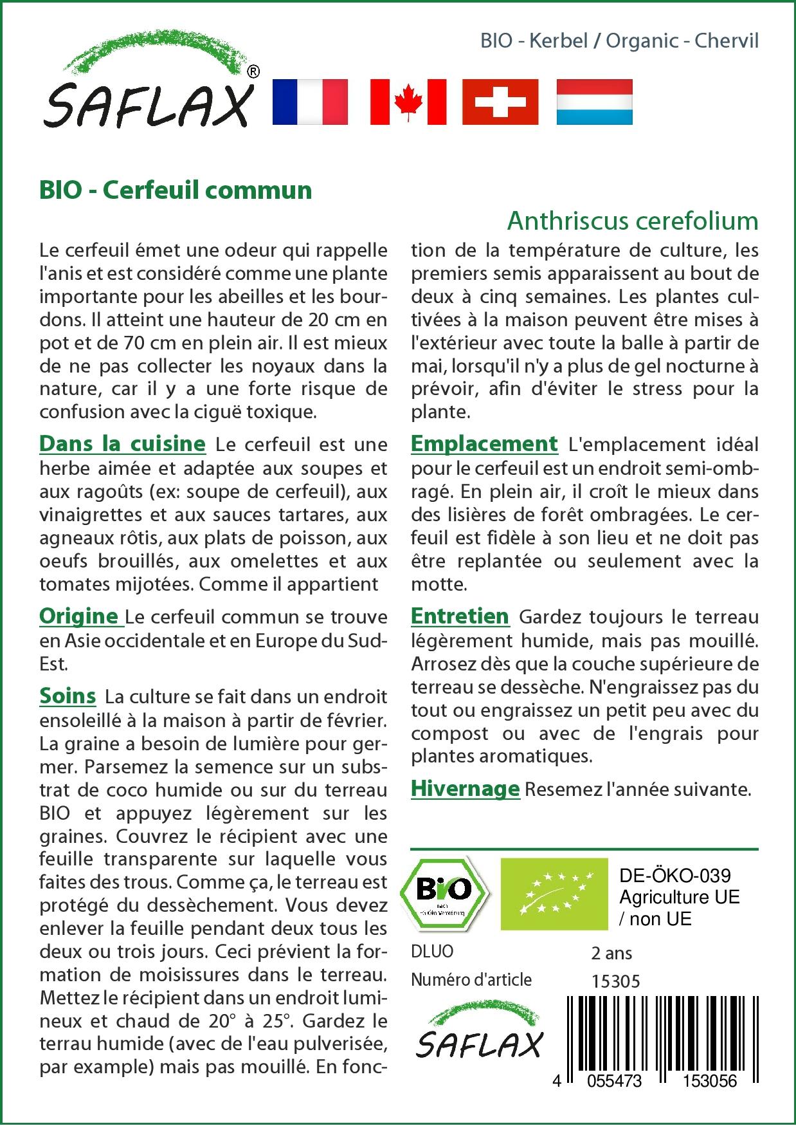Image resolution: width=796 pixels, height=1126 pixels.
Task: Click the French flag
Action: tap(310, 102)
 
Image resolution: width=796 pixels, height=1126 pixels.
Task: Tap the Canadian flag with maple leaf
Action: tap(408, 102)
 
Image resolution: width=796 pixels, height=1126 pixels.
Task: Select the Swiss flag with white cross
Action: tap(500, 102)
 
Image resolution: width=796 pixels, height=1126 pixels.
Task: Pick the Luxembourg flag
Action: tap(594, 102)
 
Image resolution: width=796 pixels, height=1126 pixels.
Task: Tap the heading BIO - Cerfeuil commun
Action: tap(176, 190)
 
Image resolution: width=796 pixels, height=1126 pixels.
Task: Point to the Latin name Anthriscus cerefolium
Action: tap(633, 221)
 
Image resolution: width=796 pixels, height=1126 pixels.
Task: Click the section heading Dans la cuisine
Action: tap(122, 444)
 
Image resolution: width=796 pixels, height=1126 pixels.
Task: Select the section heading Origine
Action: tap(79, 616)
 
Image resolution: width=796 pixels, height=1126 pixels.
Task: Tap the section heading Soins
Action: tap(68, 696)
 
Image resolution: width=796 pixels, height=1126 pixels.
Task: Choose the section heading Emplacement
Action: tap(484, 444)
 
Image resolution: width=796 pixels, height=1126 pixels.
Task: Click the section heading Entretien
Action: tap(460, 616)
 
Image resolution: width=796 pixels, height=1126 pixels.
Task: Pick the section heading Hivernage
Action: tap(465, 789)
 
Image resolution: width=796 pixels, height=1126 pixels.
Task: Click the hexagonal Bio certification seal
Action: tap(444, 892)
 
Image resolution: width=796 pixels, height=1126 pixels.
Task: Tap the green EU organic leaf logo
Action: tap(554, 894)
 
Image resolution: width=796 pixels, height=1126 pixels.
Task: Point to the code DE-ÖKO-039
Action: tap(674, 876)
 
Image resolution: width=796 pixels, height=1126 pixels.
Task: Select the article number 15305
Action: tap(615, 981)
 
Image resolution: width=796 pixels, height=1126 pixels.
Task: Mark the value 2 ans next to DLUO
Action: tap(611, 953)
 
